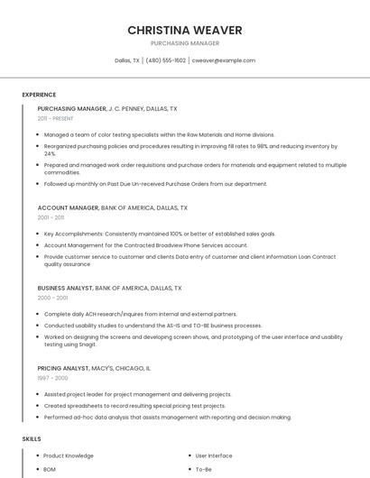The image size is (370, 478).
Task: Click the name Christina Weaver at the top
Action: (x=185, y=30)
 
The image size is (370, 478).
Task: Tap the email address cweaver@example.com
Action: (x=223, y=60)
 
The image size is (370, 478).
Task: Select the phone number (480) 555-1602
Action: (x=165, y=60)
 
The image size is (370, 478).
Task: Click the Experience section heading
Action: (x=39, y=95)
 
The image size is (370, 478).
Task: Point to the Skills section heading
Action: (x=32, y=438)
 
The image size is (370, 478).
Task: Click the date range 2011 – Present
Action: (x=55, y=118)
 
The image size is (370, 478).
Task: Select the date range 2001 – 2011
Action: (x=51, y=217)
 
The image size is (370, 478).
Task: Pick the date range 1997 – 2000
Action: (x=51, y=379)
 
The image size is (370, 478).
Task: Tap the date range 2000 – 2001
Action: (x=52, y=298)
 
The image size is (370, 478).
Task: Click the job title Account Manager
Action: (x=68, y=207)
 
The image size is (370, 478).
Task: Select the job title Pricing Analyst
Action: (x=63, y=368)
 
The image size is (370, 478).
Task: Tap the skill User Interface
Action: (x=214, y=456)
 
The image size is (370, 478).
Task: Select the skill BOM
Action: (x=50, y=470)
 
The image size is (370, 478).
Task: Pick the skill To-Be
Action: (x=204, y=470)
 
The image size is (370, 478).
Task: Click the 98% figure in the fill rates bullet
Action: (x=263, y=146)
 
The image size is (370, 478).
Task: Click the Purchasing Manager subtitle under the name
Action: (x=185, y=43)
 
